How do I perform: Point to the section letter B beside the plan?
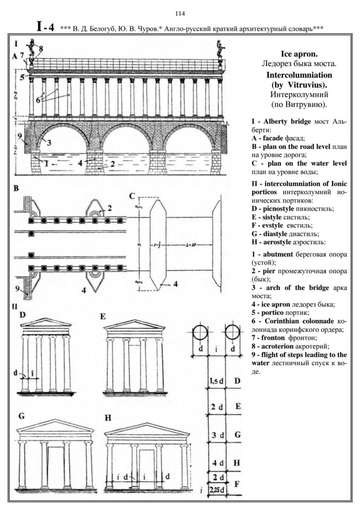[x=17, y=188]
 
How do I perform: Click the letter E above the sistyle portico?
[x=103, y=316]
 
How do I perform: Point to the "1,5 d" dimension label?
[x=216, y=382]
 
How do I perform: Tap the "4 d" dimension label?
[x=216, y=463]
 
